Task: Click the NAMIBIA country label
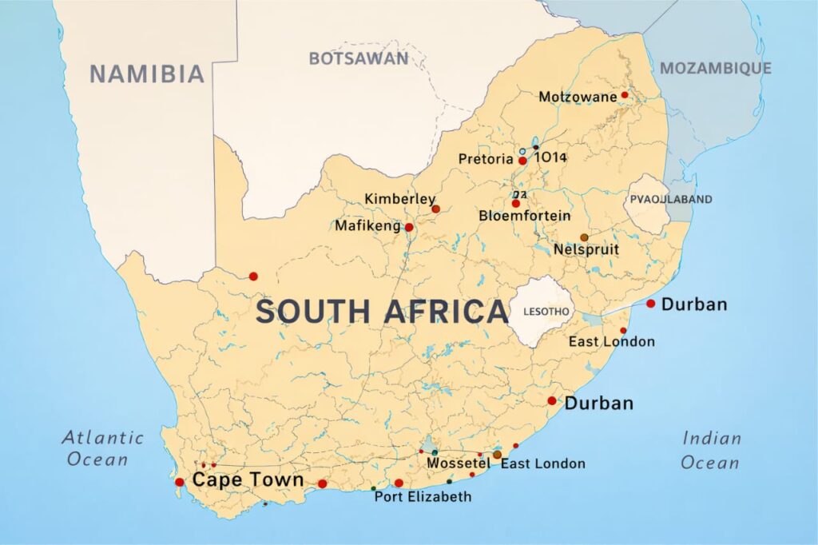click(x=147, y=74)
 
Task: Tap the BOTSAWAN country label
click(x=359, y=58)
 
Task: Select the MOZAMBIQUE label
click(x=716, y=68)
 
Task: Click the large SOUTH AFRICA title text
click(x=382, y=312)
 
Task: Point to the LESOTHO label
click(x=546, y=311)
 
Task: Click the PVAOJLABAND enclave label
click(x=671, y=199)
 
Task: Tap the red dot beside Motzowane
click(x=625, y=95)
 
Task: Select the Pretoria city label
click(x=486, y=160)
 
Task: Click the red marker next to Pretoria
click(x=522, y=161)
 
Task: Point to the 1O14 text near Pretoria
click(x=550, y=157)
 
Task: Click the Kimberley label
click(x=400, y=199)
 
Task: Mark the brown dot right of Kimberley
click(x=435, y=209)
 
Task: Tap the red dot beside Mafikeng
click(x=409, y=228)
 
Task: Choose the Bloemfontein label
click(x=525, y=216)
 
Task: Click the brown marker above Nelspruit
click(x=584, y=237)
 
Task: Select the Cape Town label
click(x=248, y=480)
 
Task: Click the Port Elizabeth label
click(x=423, y=497)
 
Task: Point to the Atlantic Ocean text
click(x=103, y=448)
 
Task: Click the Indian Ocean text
click(x=711, y=450)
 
